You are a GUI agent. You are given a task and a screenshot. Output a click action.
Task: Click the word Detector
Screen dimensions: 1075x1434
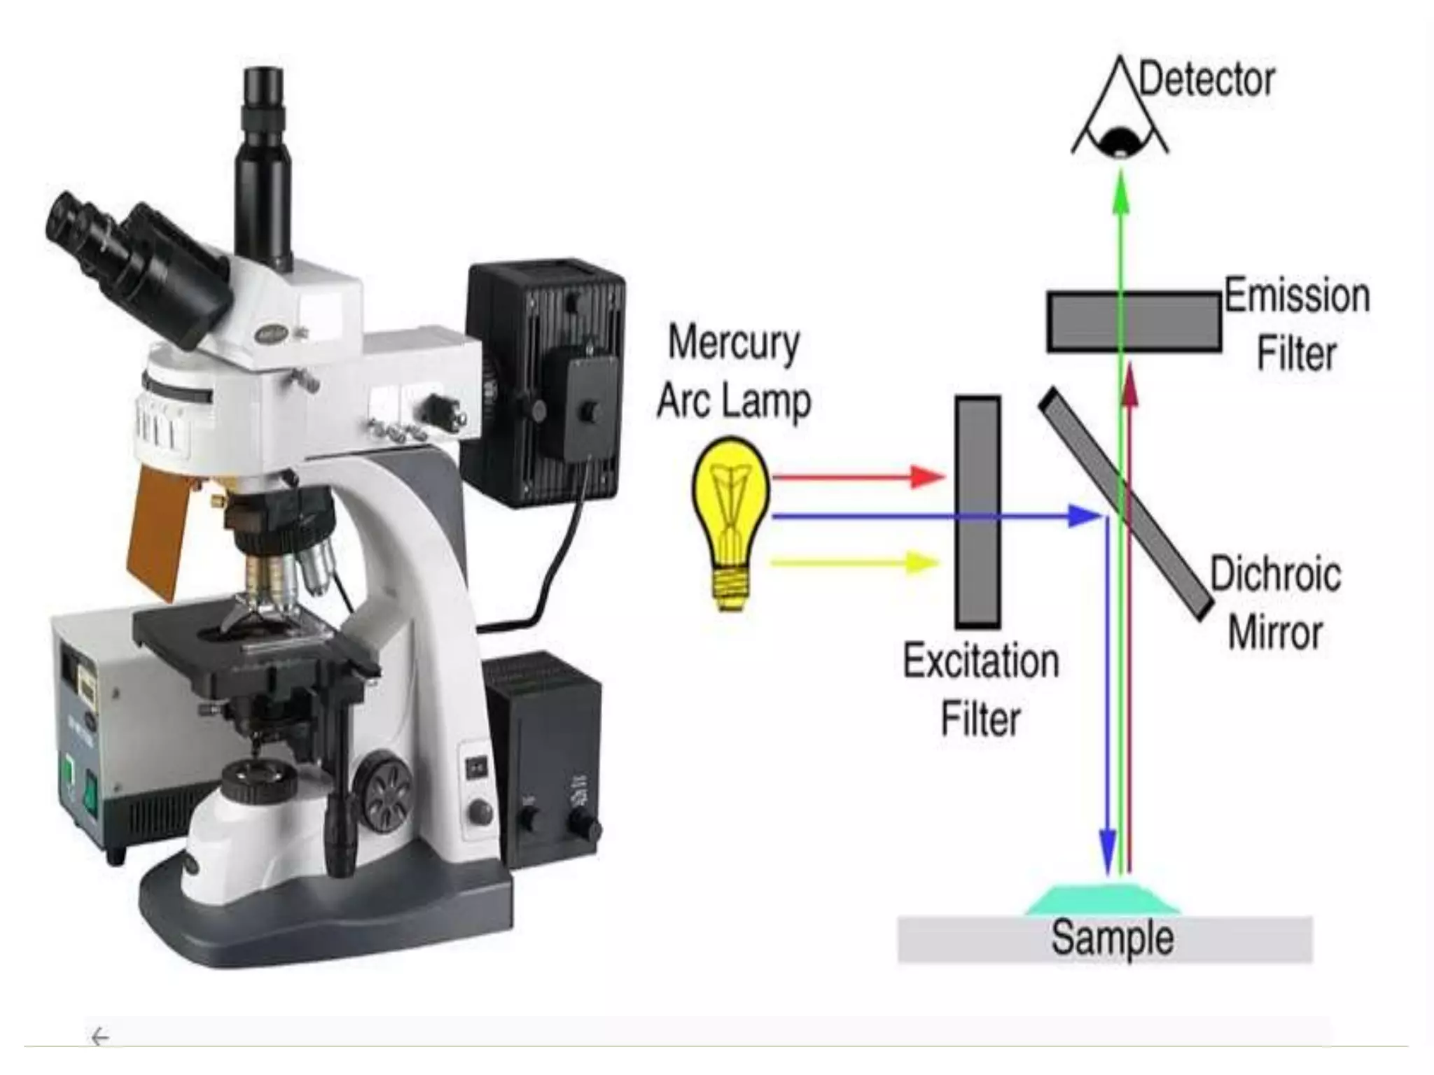pyautogui.click(x=1206, y=80)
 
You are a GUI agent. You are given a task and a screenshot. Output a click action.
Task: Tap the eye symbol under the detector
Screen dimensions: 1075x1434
pyautogui.click(x=1120, y=140)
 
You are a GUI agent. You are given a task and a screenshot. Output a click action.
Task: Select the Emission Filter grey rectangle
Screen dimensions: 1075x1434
pyautogui.click(x=1134, y=321)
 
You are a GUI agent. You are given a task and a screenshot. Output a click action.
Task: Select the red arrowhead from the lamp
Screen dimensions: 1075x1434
pyautogui.click(x=928, y=477)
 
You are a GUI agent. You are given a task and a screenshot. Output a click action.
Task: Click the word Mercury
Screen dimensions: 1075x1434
pyautogui.click(x=733, y=344)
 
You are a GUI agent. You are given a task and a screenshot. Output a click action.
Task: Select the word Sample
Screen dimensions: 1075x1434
pyautogui.click(x=1112, y=938)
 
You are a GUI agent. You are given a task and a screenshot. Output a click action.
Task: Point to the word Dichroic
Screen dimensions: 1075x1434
pyautogui.click(x=1275, y=575)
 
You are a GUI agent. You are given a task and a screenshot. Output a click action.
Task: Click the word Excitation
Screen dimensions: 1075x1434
pyautogui.click(x=980, y=661)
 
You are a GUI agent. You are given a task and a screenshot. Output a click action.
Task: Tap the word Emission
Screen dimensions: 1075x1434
pyautogui.click(x=1297, y=296)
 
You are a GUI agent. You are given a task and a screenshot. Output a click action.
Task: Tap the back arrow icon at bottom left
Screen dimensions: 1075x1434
pyautogui.click(x=100, y=1037)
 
